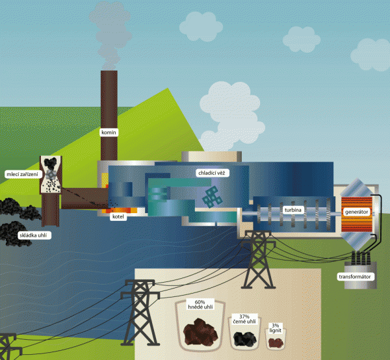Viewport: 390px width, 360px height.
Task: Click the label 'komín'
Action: click(x=108, y=133)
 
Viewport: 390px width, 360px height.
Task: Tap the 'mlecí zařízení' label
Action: click(x=21, y=174)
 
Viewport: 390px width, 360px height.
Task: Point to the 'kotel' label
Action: click(x=118, y=217)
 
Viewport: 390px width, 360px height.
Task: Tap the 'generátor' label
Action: click(x=357, y=212)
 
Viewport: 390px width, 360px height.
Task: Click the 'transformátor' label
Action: click(x=355, y=277)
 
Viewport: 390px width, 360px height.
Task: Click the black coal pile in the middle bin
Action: click(x=244, y=338)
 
